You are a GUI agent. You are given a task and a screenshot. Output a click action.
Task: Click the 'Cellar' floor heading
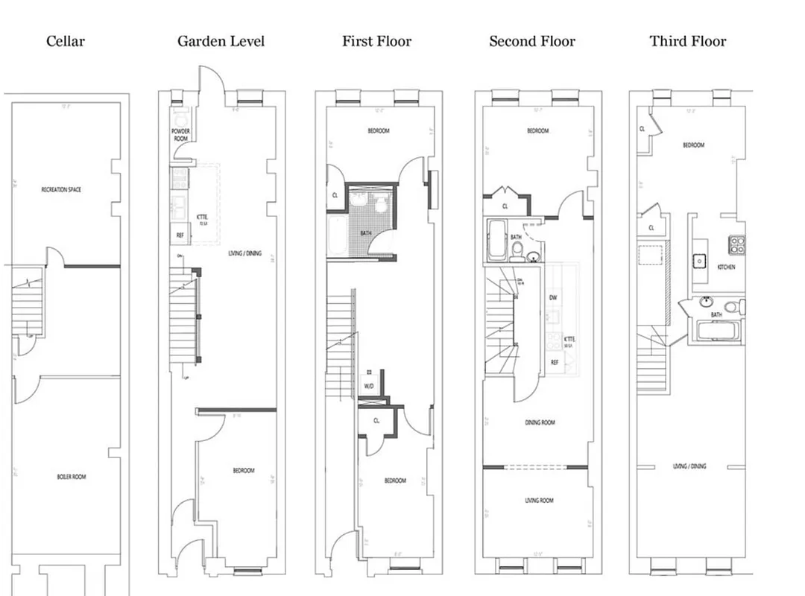pyautogui.click(x=66, y=41)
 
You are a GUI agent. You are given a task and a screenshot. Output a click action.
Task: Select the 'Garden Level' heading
pyautogui.click(x=221, y=41)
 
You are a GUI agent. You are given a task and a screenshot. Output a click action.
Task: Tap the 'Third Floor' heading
pyautogui.click(x=687, y=41)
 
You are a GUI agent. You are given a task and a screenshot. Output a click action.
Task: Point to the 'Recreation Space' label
pyautogui.click(x=61, y=190)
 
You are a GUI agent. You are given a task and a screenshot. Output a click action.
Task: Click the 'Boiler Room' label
pyautogui.click(x=72, y=476)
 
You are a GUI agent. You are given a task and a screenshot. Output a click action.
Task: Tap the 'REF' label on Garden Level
pyautogui.click(x=180, y=235)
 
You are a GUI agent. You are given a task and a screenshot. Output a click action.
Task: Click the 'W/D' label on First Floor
pyautogui.click(x=369, y=386)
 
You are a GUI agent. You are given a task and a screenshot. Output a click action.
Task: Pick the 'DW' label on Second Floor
pyautogui.click(x=553, y=297)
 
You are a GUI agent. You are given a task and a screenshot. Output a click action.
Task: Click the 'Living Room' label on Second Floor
pyautogui.click(x=538, y=500)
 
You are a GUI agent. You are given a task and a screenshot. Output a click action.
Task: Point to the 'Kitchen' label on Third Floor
pyautogui.click(x=727, y=266)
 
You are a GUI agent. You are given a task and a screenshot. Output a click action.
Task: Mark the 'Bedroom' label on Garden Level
pyautogui.click(x=243, y=470)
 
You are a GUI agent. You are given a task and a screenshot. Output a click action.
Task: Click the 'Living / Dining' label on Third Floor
pyautogui.click(x=689, y=466)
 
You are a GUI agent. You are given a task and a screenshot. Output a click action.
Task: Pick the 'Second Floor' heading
pyautogui.click(x=531, y=41)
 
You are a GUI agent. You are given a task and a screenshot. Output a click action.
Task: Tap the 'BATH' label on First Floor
pyautogui.click(x=365, y=233)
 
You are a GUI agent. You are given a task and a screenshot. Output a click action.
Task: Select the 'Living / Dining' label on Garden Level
pyautogui.click(x=244, y=253)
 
